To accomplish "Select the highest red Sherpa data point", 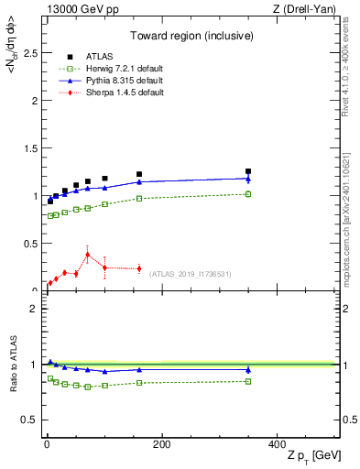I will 87,255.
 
